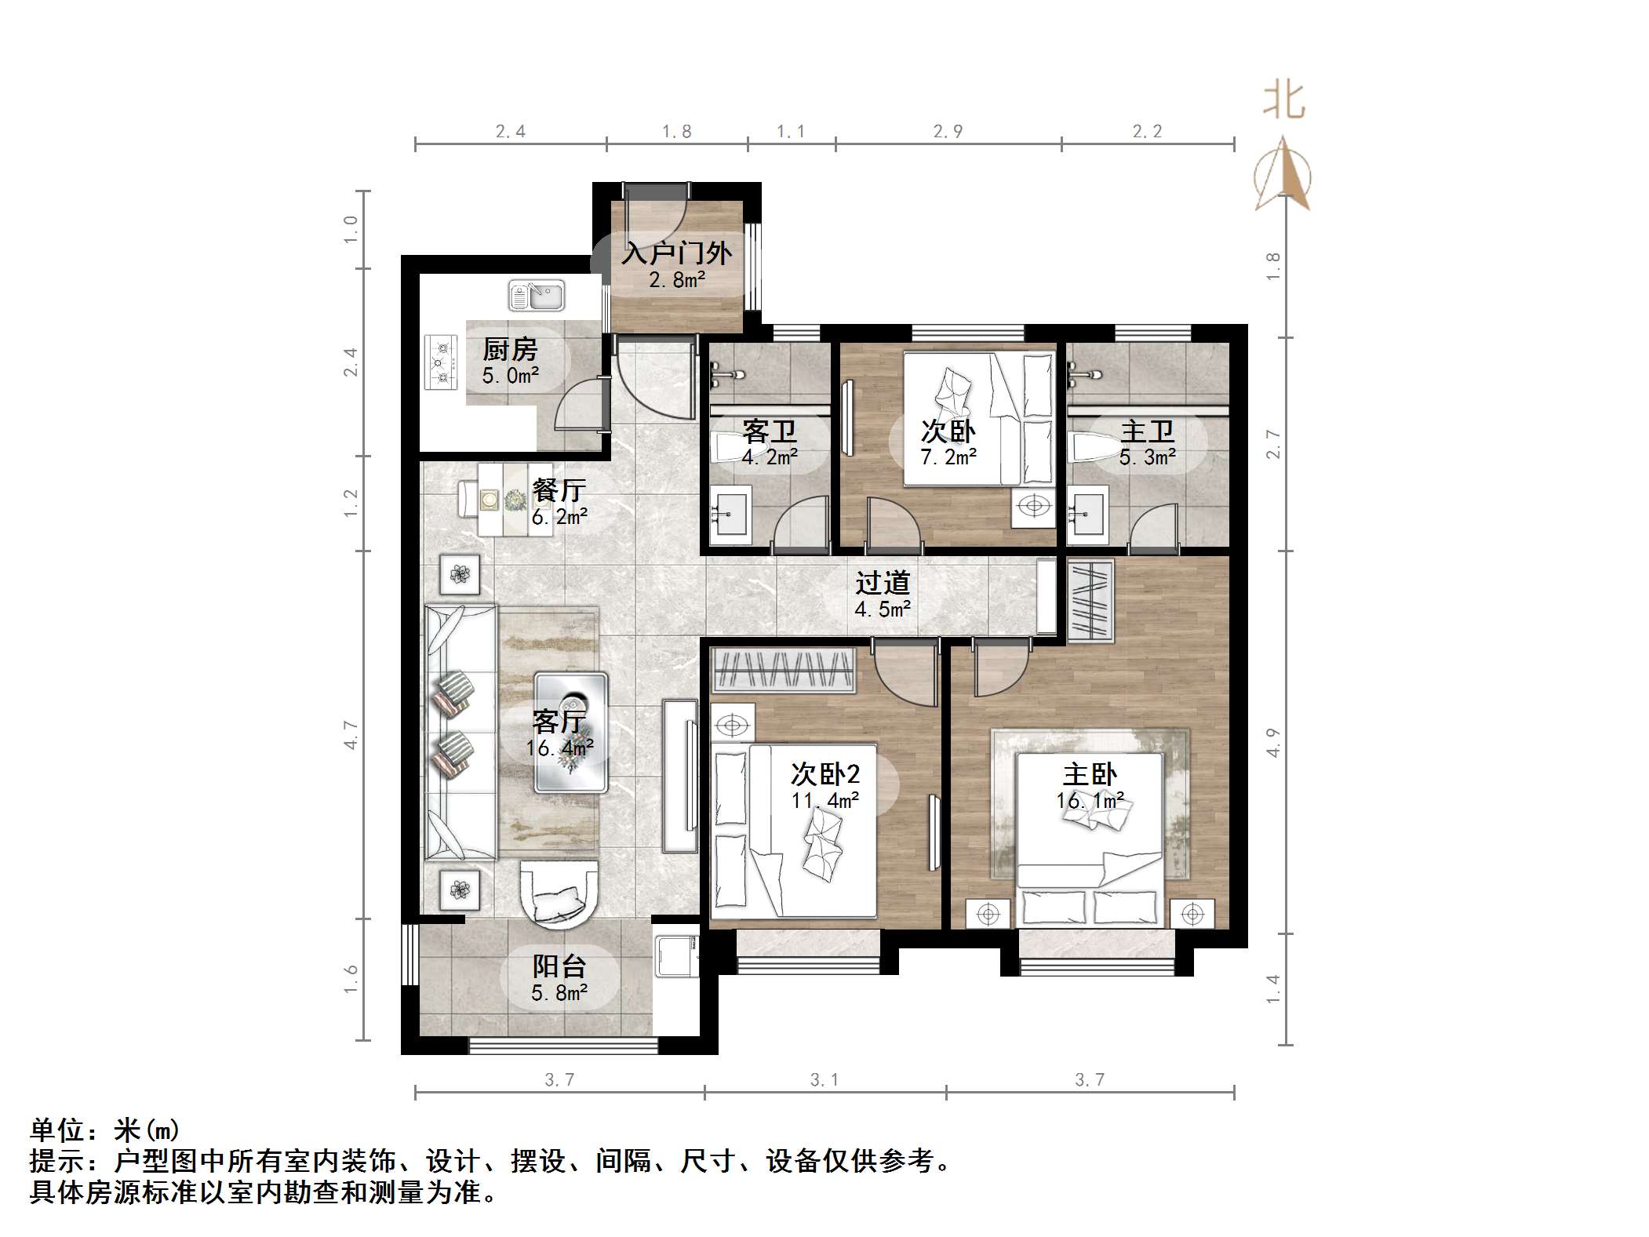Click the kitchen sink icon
pos(537,297)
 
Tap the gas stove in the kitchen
pos(441,362)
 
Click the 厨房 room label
pos(510,350)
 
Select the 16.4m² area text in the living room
pos(559,748)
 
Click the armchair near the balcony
pos(559,892)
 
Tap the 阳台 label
pos(559,966)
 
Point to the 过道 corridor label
pos(883,583)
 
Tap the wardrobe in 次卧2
pos(783,671)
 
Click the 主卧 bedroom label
pos(1090,775)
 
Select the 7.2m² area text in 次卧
pos(948,457)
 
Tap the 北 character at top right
pos(1283,101)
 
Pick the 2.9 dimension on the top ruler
pos(948,132)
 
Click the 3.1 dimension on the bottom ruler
pos(824,1080)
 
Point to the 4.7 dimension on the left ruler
pos(351,735)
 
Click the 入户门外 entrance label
pos(676,253)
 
